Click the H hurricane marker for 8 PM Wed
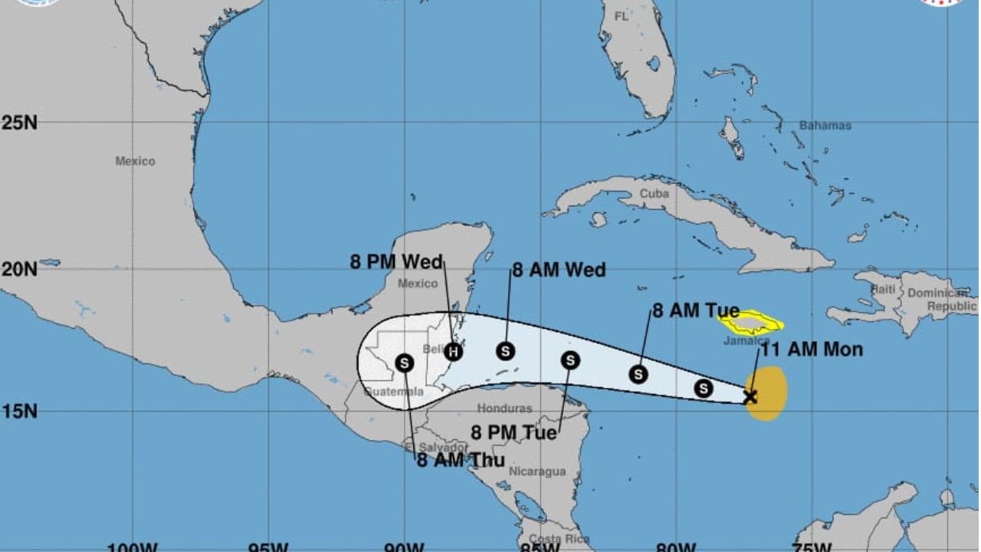(x=453, y=352)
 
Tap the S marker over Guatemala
(x=405, y=363)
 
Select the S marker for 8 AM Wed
(x=505, y=351)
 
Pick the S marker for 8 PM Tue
(x=569, y=360)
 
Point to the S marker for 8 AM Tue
(x=638, y=374)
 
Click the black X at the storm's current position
(x=750, y=396)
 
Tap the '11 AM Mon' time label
(x=811, y=350)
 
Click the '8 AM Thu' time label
(x=461, y=460)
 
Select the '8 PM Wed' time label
(x=396, y=262)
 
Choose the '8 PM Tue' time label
(x=513, y=433)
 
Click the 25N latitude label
(x=19, y=123)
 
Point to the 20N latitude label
(x=19, y=269)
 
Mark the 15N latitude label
(x=19, y=411)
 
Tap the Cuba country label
(x=654, y=194)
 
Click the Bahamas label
(x=825, y=126)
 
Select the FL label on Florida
(x=620, y=16)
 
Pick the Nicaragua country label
(x=537, y=472)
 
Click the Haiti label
(x=883, y=289)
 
